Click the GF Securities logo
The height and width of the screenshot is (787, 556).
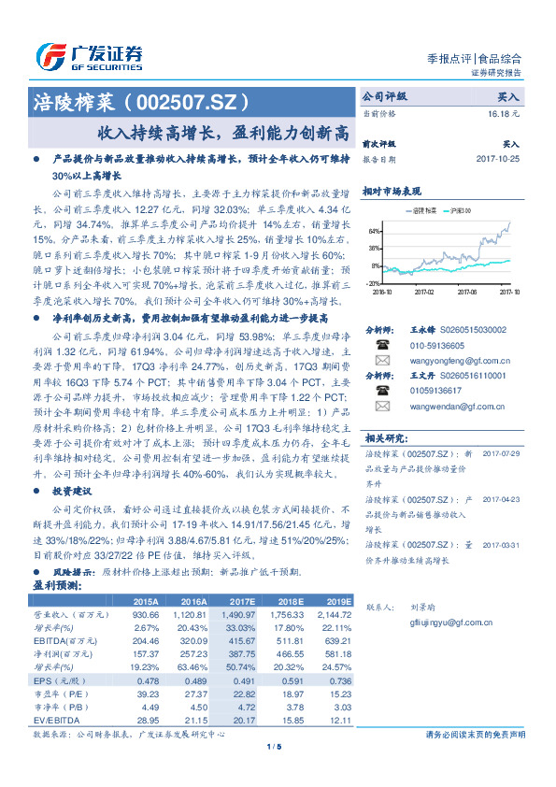click(90, 56)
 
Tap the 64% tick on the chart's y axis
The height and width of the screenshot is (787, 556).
click(374, 231)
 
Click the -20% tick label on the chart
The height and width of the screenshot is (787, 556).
click(373, 282)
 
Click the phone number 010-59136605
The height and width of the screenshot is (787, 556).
click(439, 345)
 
